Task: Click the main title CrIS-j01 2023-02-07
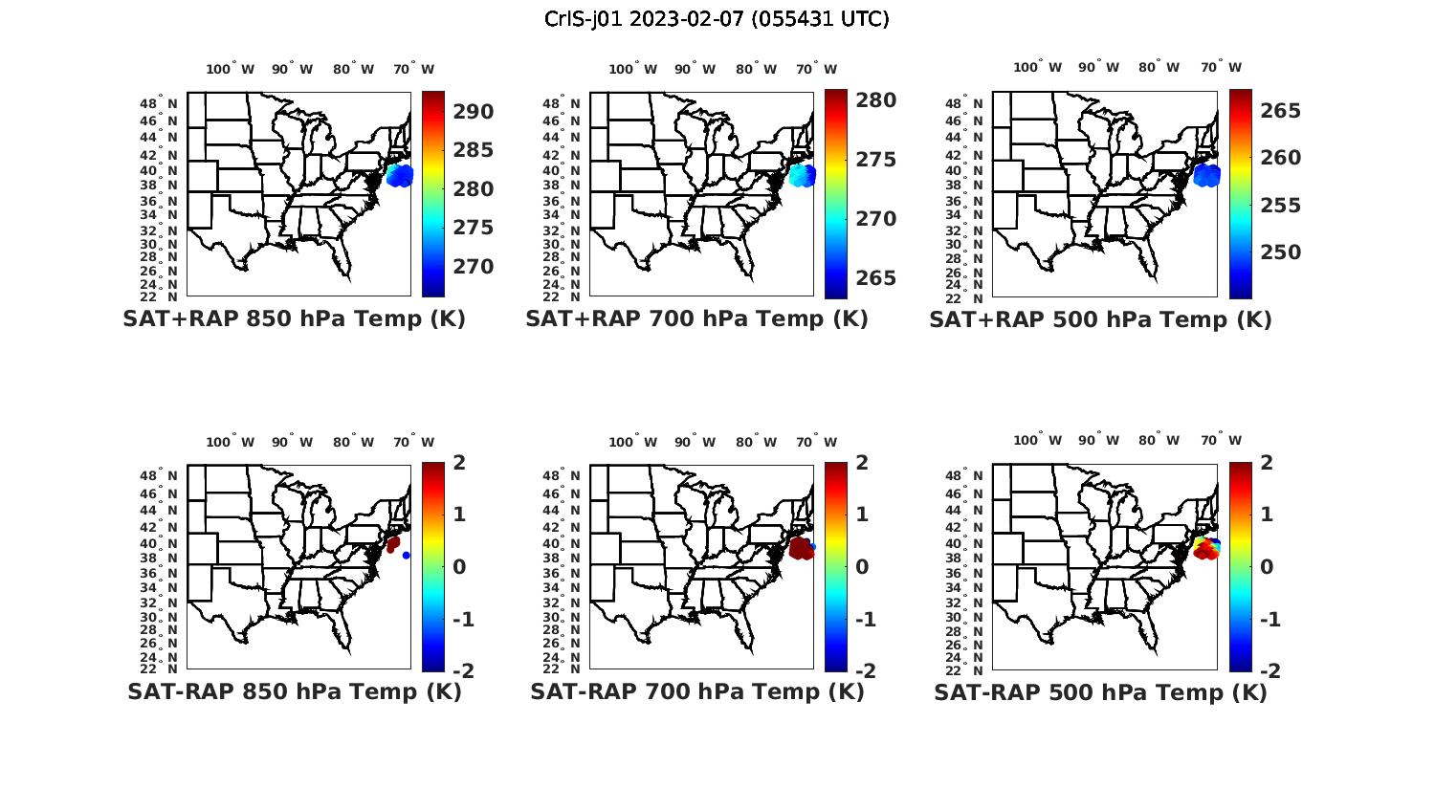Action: click(x=717, y=19)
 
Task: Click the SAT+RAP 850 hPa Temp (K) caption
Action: click(x=294, y=319)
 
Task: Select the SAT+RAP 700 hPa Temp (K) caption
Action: click(x=696, y=319)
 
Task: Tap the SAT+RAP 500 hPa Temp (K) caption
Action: click(x=1100, y=320)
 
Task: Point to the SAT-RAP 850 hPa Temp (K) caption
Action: click(x=294, y=692)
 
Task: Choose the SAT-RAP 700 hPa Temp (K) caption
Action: click(x=696, y=692)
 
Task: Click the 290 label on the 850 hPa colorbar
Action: click(x=474, y=112)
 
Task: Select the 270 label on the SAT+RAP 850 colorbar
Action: click(x=474, y=267)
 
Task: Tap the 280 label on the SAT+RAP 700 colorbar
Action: click(x=876, y=100)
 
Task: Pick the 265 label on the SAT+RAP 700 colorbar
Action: click(x=876, y=278)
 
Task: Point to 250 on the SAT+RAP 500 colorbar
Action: click(x=1281, y=252)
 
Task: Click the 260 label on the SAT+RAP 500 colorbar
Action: click(x=1281, y=158)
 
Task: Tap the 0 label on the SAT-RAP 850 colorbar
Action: click(x=460, y=567)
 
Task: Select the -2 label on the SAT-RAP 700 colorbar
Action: click(x=865, y=671)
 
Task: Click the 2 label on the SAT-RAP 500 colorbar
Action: click(x=1268, y=463)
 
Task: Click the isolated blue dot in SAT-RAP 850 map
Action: click(x=407, y=555)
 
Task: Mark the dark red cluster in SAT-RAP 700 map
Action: click(x=800, y=549)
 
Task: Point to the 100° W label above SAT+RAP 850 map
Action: click(x=230, y=69)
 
